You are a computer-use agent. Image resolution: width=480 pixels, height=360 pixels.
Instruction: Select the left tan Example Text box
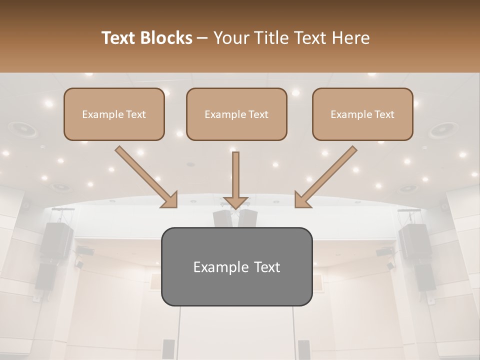click(x=114, y=114)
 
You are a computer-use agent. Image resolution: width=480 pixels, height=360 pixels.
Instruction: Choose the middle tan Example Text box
click(x=236, y=114)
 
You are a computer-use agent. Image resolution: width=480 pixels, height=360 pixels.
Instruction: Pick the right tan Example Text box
click(x=362, y=114)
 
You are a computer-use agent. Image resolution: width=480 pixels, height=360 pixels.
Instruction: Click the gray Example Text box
click(x=236, y=266)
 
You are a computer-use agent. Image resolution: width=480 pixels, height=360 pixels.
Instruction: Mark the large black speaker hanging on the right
click(x=414, y=240)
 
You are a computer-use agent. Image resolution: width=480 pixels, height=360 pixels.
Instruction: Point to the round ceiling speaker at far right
click(x=442, y=130)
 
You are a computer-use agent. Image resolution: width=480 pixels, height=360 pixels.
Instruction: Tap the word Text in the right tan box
click(x=384, y=114)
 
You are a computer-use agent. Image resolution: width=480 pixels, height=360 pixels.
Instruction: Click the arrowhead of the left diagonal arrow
click(x=170, y=199)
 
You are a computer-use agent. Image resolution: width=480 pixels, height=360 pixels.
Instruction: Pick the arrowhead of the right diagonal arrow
click(x=302, y=199)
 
